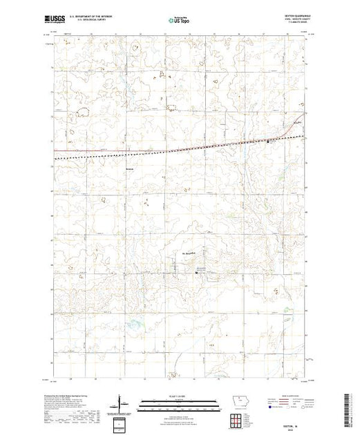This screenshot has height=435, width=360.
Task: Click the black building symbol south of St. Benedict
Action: click(196, 273)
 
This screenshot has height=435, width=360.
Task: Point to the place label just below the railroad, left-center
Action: click(129, 166)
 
